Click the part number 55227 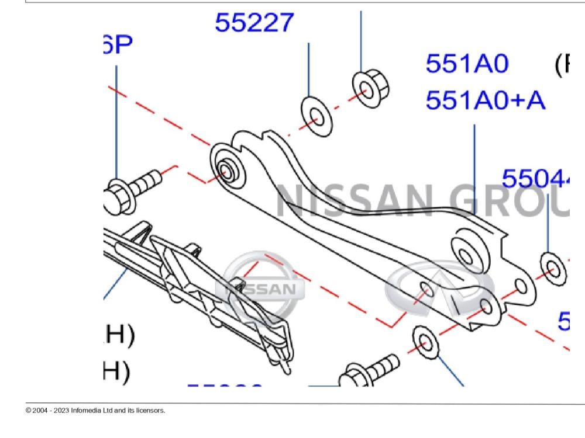254,23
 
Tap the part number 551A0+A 485,100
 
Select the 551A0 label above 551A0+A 467,64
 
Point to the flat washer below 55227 316,118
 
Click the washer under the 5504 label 553,270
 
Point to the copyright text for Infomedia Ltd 95,411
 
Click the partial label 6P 118,44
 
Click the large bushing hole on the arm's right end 467,253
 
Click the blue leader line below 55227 308,70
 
